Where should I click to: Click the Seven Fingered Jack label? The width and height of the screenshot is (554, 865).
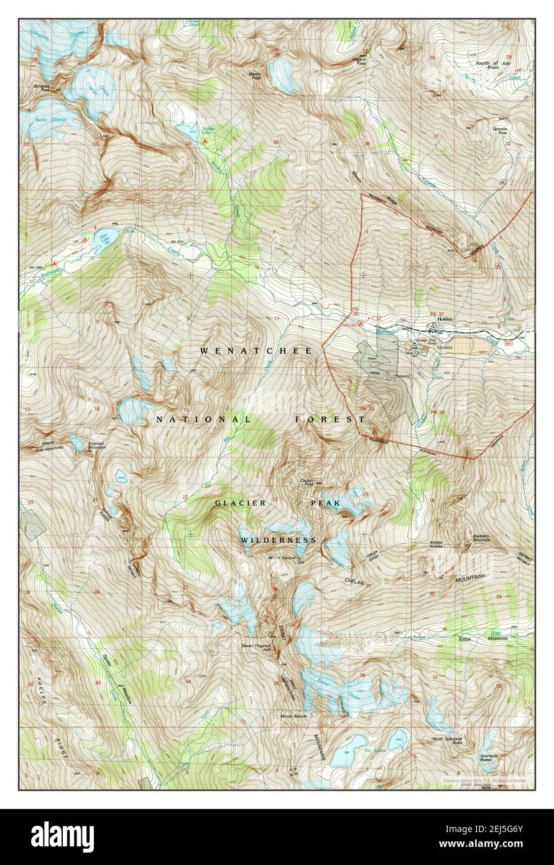(x=257, y=647)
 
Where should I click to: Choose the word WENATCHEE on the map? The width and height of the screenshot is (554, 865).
(x=256, y=351)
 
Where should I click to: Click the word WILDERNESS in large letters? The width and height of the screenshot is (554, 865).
(x=279, y=540)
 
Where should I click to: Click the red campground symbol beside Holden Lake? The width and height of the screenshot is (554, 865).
(x=205, y=142)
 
